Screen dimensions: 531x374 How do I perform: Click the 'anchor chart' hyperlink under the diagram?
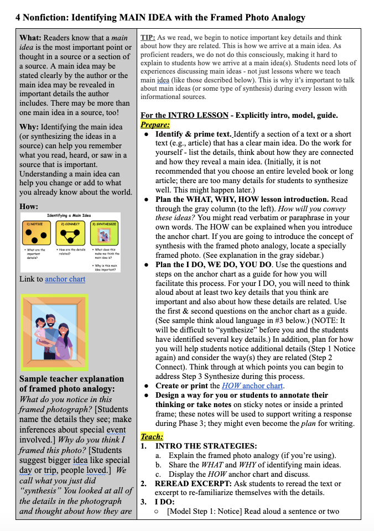65,279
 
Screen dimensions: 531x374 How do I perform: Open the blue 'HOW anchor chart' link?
252,386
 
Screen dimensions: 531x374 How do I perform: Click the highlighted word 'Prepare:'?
155,125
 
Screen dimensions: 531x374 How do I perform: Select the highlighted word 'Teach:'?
151,436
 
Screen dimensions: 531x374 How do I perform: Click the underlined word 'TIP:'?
148,38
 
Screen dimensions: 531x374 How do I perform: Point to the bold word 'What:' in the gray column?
30,38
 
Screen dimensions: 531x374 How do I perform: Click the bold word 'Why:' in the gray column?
29,127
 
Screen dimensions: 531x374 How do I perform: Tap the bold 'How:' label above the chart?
29,206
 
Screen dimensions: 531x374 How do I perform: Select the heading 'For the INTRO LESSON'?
184,116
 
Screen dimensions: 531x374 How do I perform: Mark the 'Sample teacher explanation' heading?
71,379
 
